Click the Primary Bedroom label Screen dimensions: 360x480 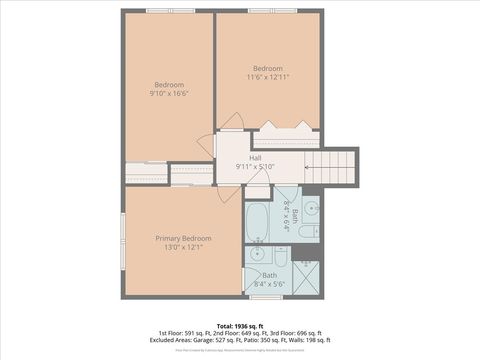[x=183, y=238]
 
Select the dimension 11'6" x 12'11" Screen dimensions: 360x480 [x=268, y=77]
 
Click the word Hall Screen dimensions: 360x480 [x=255, y=157]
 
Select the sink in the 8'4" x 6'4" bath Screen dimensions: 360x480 [x=311, y=208]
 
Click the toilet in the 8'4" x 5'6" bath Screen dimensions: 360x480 [x=281, y=258]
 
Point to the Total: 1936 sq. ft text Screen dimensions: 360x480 [x=239, y=326]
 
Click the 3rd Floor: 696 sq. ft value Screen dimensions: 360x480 [x=294, y=333]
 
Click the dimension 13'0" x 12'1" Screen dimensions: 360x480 [x=183, y=247]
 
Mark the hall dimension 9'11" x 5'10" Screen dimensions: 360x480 [x=255, y=166]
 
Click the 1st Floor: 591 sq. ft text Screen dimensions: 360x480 [x=184, y=333]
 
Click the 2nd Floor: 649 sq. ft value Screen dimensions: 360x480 [x=239, y=333]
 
